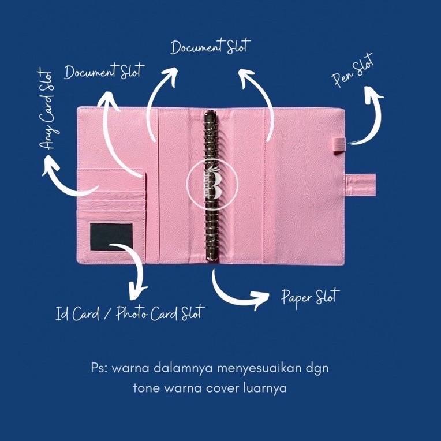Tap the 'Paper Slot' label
click(310, 297)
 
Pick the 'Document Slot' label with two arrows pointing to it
click(210, 47)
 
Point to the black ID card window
click(112, 237)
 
